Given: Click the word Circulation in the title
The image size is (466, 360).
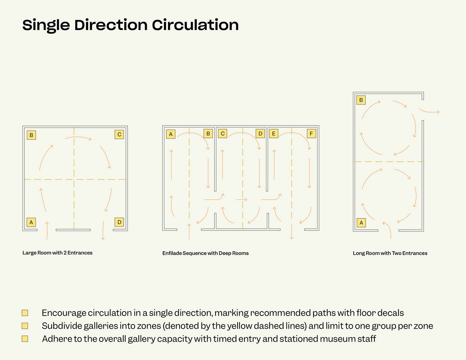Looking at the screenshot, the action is click(195, 25).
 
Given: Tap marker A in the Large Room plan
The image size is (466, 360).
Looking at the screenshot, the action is click(31, 222).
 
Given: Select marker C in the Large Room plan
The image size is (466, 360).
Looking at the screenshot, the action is click(119, 134).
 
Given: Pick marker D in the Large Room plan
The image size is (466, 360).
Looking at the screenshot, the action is click(119, 222).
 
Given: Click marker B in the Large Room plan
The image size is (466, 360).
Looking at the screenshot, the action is click(31, 135).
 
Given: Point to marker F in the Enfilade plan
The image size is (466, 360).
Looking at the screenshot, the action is click(311, 134).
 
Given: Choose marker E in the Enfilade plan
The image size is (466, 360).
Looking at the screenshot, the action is click(274, 134).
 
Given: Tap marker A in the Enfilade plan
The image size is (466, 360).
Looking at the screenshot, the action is click(170, 134).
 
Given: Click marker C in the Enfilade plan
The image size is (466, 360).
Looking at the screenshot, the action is click(222, 134).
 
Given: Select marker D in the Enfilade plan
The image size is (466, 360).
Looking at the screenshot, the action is click(260, 134).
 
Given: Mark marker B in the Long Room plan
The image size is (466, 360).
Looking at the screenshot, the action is click(361, 100).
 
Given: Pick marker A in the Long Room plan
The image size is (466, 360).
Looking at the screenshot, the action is click(361, 223).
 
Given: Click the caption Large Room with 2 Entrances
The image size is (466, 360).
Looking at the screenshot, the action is click(57, 253).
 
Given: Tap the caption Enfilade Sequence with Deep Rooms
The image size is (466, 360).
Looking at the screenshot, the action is click(205, 253).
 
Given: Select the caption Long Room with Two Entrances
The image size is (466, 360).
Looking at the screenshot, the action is click(390, 253).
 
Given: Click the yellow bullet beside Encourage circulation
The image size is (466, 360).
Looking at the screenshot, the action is click(25, 313).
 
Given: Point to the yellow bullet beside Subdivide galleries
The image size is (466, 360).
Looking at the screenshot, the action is click(25, 326).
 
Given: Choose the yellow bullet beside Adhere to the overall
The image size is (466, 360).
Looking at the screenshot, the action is click(25, 338).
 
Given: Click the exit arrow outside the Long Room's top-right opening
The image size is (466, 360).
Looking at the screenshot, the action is click(429, 112).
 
